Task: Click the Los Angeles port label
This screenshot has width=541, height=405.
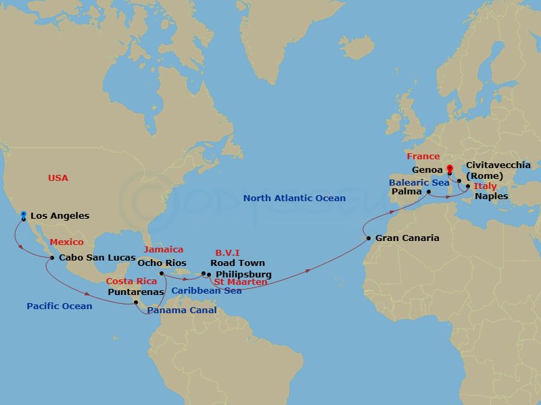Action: (x=60, y=216)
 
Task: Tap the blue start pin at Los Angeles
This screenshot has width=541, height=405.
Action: (x=24, y=215)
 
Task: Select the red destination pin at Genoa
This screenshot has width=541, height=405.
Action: (x=450, y=168)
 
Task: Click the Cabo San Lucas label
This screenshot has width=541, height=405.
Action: (x=97, y=257)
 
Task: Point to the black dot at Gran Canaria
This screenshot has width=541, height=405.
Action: (x=368, y=238)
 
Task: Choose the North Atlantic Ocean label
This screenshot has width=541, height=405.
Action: (x=294, y=198)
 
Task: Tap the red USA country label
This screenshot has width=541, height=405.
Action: (x=58, y=178)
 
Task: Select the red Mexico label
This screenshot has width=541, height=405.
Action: (x=67, y=242)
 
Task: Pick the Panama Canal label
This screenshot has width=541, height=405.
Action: (x=183, y=310)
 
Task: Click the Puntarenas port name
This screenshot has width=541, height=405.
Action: (x=136, y=292)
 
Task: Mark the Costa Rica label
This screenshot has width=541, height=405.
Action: (x=131, y=281)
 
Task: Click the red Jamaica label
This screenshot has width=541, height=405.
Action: (x=164, y=250)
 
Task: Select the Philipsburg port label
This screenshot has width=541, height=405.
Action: (x=243, y=274)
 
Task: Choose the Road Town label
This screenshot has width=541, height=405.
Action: (x=237, y=263)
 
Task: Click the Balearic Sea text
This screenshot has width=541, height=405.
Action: (x=419, y=182)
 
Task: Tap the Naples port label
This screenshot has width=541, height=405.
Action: (x=492, y=196)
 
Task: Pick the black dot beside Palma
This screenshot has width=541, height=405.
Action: (x=429, y=192)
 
